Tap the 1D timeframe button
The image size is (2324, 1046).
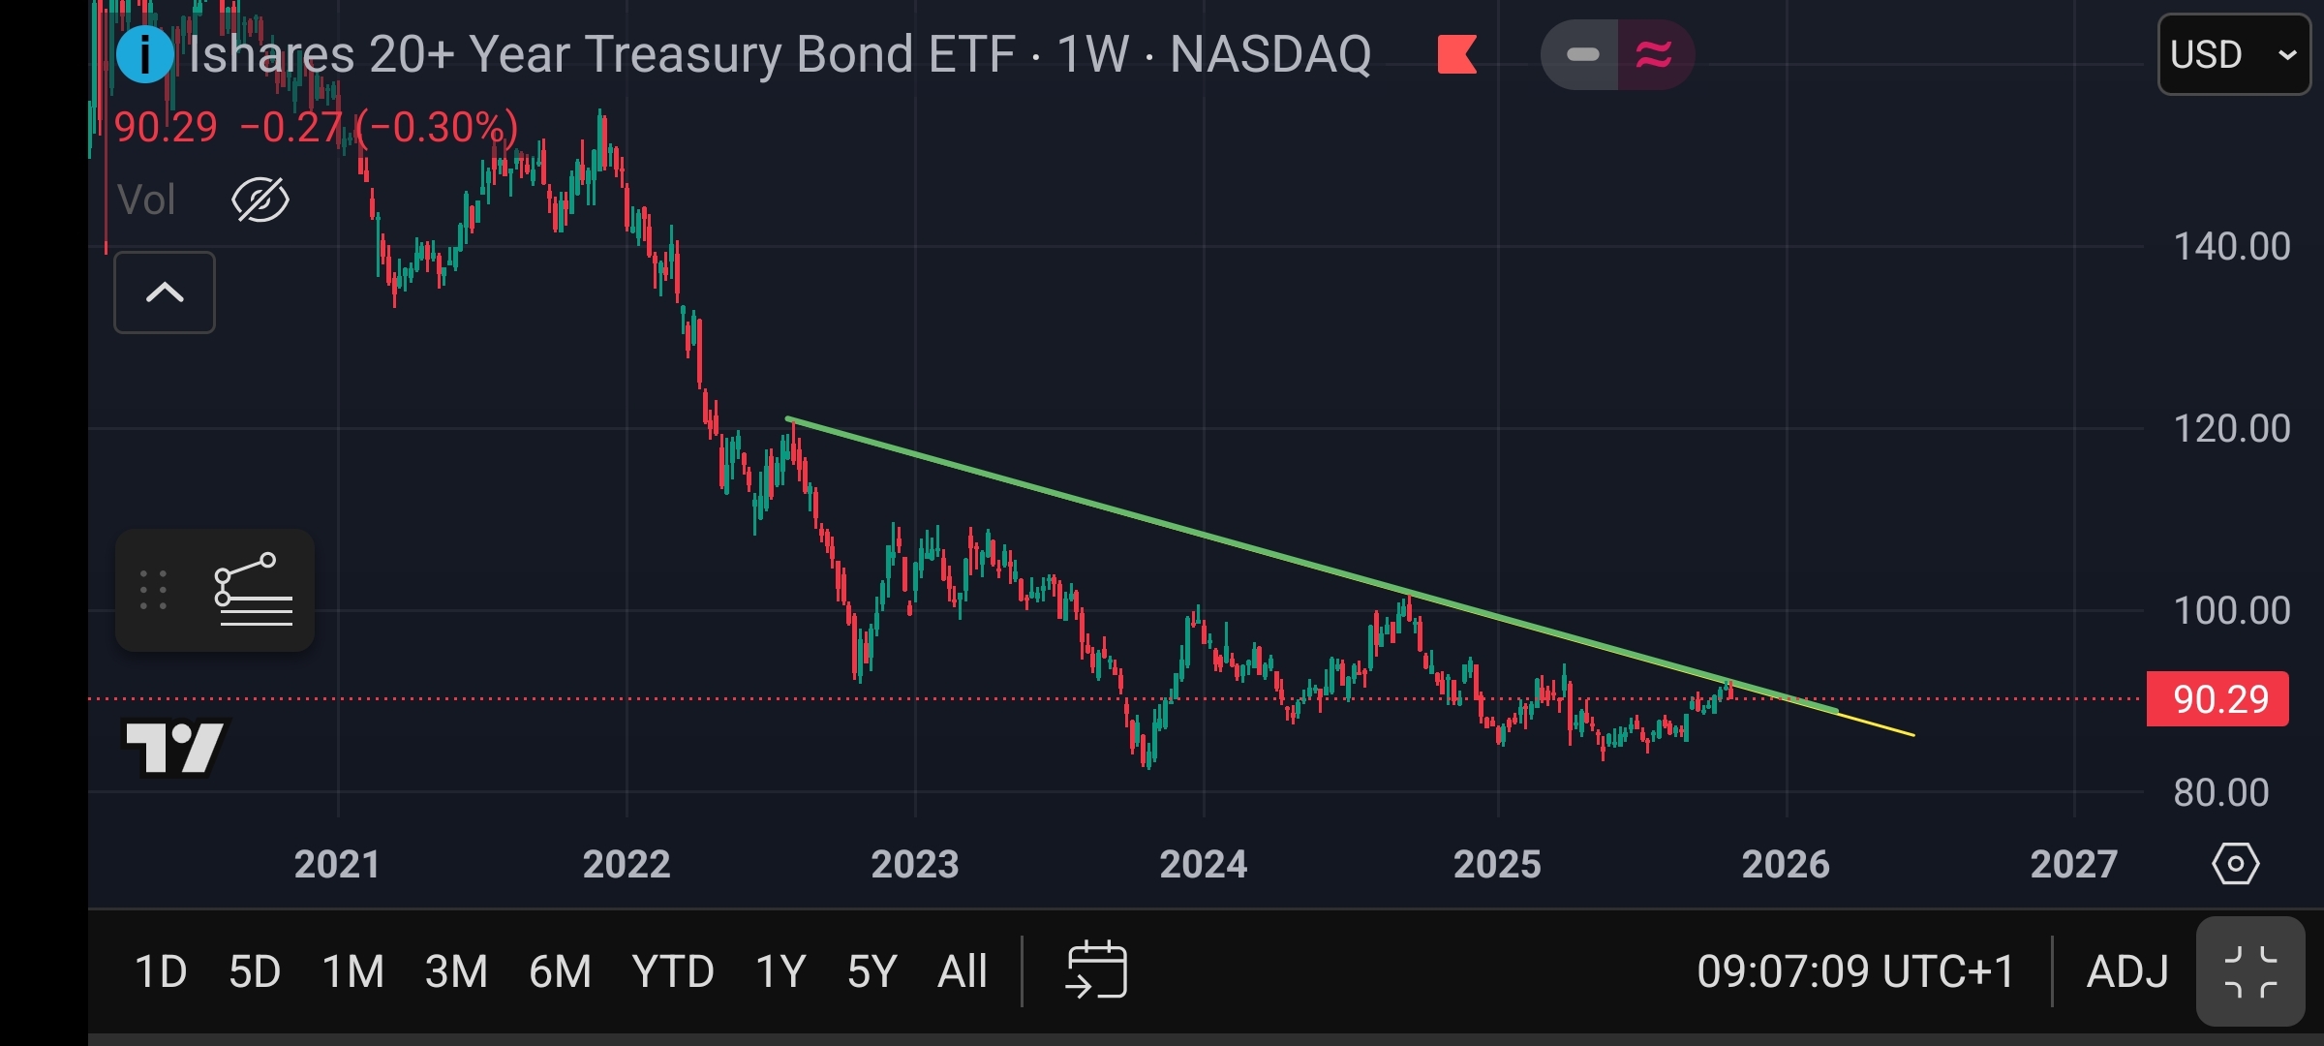[x=161, y=971]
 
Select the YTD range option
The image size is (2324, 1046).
[x=673, y=971]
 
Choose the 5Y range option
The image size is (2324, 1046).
[x=871, y=971]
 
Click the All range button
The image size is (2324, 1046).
[x=963, y=971]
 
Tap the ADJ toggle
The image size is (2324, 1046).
[x=2127, y=971]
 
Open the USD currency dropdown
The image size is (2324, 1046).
[x=2233, y=54]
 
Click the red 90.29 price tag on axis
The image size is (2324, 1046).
[x=2218, y=699]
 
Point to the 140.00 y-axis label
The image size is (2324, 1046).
[x=2231, y=247]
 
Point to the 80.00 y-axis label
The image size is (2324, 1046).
[x=2220, y=793]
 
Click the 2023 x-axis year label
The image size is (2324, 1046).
[x=914, y=864]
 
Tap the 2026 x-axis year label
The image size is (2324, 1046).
[x=1786, y=864]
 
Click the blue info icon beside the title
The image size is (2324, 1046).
[x=144, y=54]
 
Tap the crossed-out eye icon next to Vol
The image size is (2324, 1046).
[x=260, y=200]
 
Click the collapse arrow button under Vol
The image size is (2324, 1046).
[x=165, y=292]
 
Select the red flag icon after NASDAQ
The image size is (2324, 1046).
[x=1457, y=54]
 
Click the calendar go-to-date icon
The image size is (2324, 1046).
[x=1096, y=969]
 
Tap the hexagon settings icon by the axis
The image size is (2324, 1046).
[x=2235, y=863]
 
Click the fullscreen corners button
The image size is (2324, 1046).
[x=2250, y=971]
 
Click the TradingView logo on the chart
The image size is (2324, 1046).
[x=175, y=747]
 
